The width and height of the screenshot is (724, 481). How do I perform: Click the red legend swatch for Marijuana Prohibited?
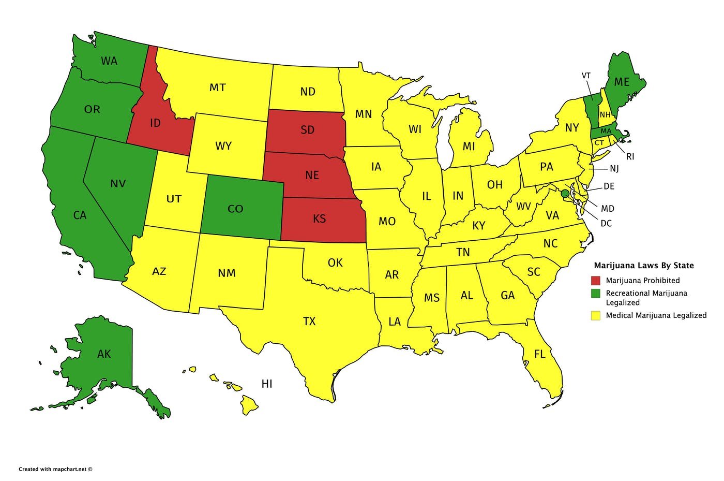(x=596, y=281)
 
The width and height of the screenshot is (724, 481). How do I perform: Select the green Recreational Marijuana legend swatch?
(x=596, y=294)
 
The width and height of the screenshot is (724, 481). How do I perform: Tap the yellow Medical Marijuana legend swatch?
(x=596, y=315)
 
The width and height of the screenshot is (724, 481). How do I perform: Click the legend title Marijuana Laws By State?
(x=643, y=265)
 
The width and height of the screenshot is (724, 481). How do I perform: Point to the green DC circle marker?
(x=565, y=193)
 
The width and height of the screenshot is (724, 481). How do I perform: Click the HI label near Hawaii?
(x=267, y=384)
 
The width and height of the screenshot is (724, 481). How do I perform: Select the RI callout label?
(x=630, y=156)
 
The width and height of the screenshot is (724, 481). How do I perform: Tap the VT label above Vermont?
(x=586, y=76)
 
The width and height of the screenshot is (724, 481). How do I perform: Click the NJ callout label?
(x=614, y=169)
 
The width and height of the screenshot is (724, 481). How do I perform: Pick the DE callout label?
(x=609, y=186)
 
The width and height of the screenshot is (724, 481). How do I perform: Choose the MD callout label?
(x=608, y=209)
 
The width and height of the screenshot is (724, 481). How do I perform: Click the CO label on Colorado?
(x=235, y=209)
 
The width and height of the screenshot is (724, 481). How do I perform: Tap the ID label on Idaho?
(x=155, y=123)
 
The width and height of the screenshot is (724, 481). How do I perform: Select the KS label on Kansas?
(x=320, y=218)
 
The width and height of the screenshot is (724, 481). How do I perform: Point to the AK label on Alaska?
(x=104, y=354)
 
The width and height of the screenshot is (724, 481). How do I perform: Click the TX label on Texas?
(x=309, y=322)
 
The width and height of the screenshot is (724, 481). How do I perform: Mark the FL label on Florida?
(x=540, y=355)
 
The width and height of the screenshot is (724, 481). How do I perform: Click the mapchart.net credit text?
(x=55, y=469)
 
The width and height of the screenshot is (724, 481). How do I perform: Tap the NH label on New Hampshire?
(x=605, y=114)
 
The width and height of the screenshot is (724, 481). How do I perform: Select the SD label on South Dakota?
(x=307, y=129)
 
